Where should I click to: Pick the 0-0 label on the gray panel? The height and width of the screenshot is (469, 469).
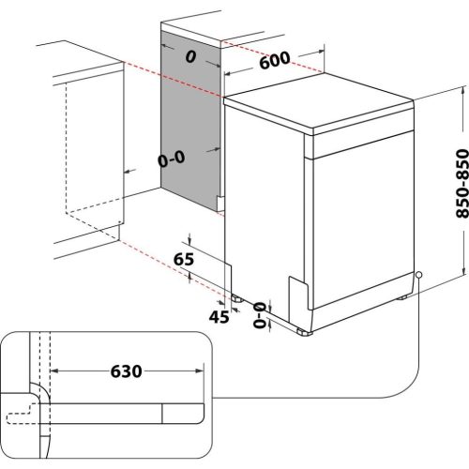point(172,160)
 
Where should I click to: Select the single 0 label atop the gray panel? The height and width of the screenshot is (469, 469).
point(190,57)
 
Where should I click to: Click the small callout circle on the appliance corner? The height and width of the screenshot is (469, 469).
point(418,276)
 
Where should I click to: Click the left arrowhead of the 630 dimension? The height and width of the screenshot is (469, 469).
point(53,371)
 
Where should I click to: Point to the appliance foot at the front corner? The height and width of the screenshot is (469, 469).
point(302,329)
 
